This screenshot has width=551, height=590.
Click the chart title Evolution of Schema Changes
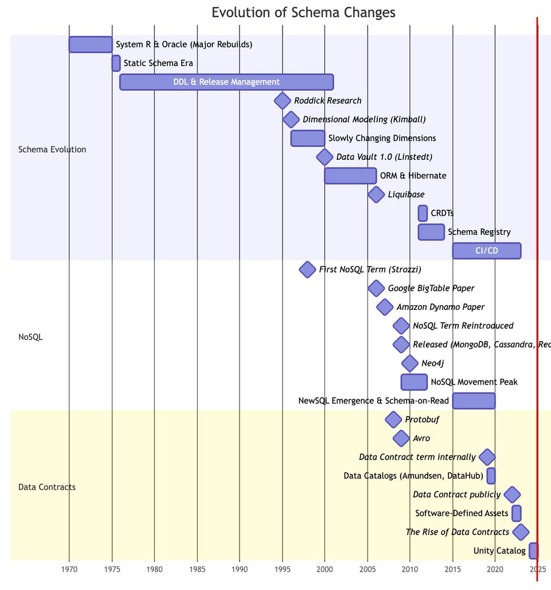[x=303, y=13]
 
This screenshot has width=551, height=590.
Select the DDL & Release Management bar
[x=227, y=82]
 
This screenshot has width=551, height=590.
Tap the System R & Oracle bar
[x=90, y=44]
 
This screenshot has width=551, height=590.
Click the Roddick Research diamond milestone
[x=283, y=101]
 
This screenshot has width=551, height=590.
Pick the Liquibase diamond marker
[x=376, y=194]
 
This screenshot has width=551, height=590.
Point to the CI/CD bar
[x=487, y=251]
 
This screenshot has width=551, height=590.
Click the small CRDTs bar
[x=422, y=213]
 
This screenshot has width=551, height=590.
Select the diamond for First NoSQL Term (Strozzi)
[x=307, y=270]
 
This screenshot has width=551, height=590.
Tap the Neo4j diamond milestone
[x=409, y=363]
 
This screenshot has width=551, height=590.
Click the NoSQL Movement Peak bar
[x=414, y=382]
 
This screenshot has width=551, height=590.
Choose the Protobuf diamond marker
[x=393, y=419]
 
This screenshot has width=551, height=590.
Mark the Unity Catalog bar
[x=533, y=551]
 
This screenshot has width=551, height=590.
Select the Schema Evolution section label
[x=53, y=149]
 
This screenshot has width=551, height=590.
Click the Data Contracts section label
[x=47, y=487]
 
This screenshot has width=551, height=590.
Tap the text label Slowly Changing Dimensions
[x=382, y=138]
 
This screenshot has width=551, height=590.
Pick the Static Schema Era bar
[x=116, y=63]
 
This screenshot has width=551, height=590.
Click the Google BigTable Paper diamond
[x=376, y=289]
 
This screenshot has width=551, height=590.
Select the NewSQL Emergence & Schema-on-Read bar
[x=474, y=401]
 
